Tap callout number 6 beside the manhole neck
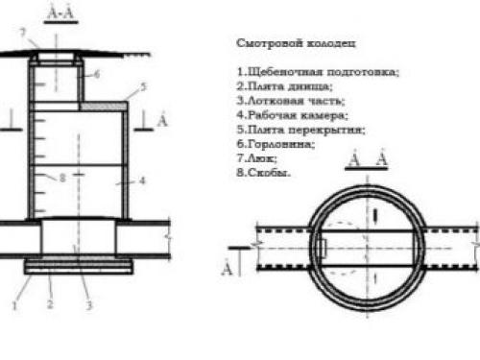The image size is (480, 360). [x=97, y=73]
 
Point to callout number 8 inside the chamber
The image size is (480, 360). [x=61, y=178]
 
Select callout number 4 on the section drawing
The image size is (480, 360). [x=140, y=180]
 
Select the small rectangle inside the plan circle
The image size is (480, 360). [x=324, y=248]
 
